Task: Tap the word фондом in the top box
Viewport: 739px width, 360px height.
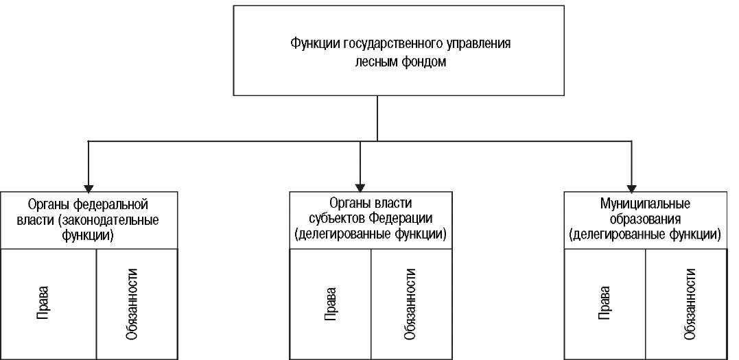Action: [x=423, y=62]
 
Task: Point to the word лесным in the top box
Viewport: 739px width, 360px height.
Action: [x=375, y=62]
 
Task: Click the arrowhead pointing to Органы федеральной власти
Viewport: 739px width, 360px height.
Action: [x=88, y=187]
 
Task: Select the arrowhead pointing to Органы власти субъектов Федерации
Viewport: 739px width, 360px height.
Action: [x=360, y=187]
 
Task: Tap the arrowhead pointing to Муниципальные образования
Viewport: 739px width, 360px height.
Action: [x=631, y=187]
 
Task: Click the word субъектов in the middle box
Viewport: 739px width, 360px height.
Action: [x=336, y=220]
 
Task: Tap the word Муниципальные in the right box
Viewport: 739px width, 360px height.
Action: [x=645, y=205]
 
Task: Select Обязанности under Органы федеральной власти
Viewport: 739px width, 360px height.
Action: [x=132, y=304]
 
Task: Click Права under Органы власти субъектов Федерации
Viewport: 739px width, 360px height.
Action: [x=330, y=304]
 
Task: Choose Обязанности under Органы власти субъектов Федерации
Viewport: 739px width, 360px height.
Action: [x=410, y=304]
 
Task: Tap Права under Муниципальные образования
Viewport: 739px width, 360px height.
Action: [x=605, y=304]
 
